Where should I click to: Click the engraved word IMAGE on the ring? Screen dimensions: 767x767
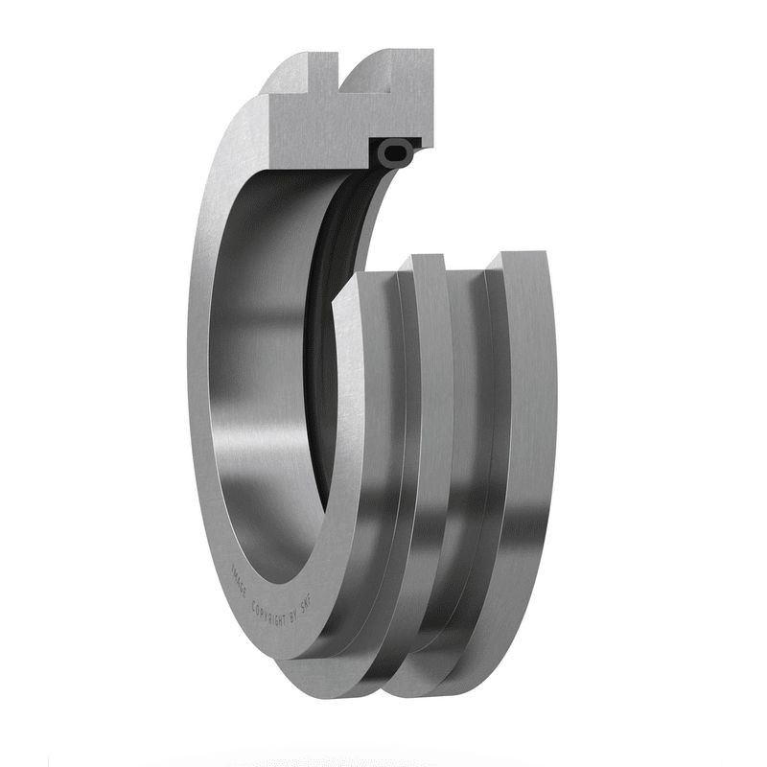click(x=238, y=574)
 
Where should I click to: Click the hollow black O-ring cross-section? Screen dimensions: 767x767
click(x=396, y=151)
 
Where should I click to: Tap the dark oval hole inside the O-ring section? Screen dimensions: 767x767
click(x=396, y=151)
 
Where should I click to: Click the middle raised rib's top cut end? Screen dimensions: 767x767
click(x=425, y=261)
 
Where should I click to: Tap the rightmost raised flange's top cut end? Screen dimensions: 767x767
click(x=518, y=259)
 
